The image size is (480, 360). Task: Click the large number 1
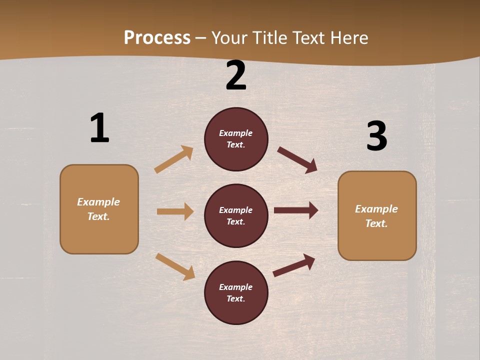(x=99, y=128)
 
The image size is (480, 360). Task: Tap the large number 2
(x=236, y=75)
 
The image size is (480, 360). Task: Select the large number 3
(x=376, y=136)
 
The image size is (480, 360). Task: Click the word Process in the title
(x=157, y=37)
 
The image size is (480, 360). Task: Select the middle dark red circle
(x=236, y=215)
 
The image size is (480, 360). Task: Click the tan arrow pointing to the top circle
(x=174, y=159)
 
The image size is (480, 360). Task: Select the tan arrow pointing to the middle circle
(x=175, y=211)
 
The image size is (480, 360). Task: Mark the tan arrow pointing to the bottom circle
(x=175, y=266)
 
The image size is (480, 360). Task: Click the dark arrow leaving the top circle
(x=297, y=159)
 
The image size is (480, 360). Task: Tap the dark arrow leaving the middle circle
(x=296, y=210)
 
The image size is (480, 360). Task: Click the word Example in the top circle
(x=236, y=133)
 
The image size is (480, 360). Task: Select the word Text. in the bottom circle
(x=236, y=298)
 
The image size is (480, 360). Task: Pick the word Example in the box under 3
(x=376, y=209)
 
